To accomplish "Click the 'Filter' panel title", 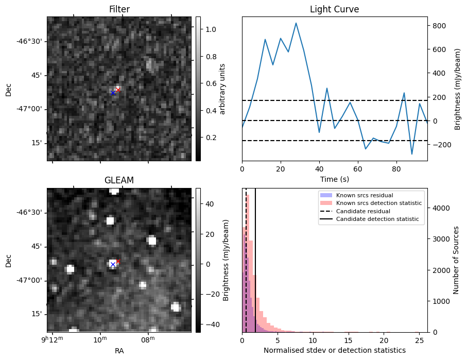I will (x=119, y=9).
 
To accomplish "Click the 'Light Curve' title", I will (x=334, y=9).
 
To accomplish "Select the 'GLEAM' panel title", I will (x=119, y=180).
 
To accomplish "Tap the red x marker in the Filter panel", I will (x=118, y=90).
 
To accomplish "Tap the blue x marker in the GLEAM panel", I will (x=113, y=265).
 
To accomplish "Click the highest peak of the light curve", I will (x=296, y=23).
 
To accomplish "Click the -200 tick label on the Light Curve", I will (x=440, y=145).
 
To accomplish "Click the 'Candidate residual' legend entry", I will (x=360, y=212).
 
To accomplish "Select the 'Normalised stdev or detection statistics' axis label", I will (x=334, y=350).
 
